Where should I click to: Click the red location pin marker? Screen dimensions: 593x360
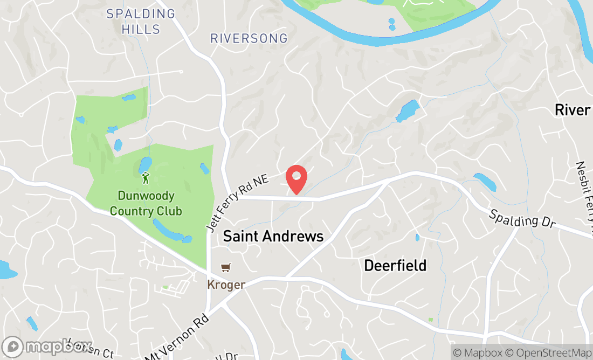pyautogui.click(x=296, y=179)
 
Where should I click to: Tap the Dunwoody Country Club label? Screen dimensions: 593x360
pyautogui.click(x=146, y=203)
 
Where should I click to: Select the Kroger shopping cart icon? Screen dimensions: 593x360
pyautogui.click(x=226, y=268)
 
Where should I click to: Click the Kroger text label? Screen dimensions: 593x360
pyautogui.click(x=226, y=284)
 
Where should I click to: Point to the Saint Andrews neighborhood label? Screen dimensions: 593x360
pyautogui.click(x=273, y=236)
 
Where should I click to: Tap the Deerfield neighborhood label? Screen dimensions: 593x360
pyautogui.click(x=395, y=265)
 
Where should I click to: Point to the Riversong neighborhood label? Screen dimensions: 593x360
pyautogui.click(x=249, y=39)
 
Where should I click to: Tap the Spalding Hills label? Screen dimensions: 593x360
pyautogui.click(x=141, y=21)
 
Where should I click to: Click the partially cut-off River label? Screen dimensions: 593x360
pyautogui.click(x=573, y=110)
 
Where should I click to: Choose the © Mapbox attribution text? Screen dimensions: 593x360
pyautogui.click(x=477, y=353)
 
